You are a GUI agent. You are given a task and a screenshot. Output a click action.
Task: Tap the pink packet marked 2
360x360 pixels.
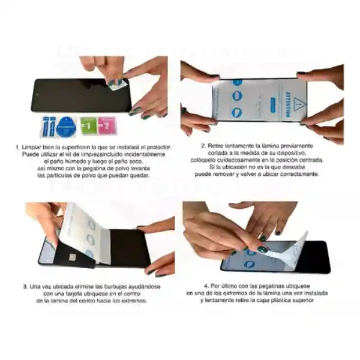click(x=107, y=126)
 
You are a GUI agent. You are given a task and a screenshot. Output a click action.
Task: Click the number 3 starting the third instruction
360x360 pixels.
click(x=25, y=286)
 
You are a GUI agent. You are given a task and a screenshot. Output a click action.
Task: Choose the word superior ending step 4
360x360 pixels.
click(x=301, y=300)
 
